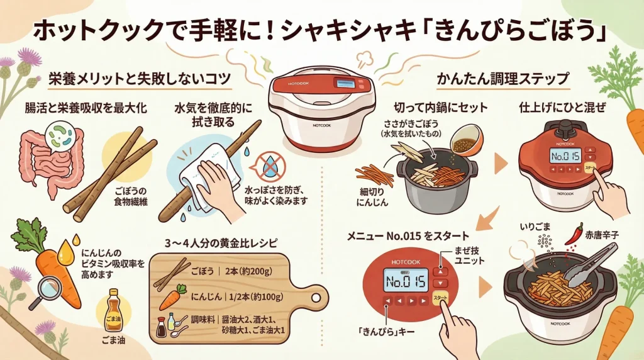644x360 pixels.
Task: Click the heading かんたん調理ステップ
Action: tap(503, 80)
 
